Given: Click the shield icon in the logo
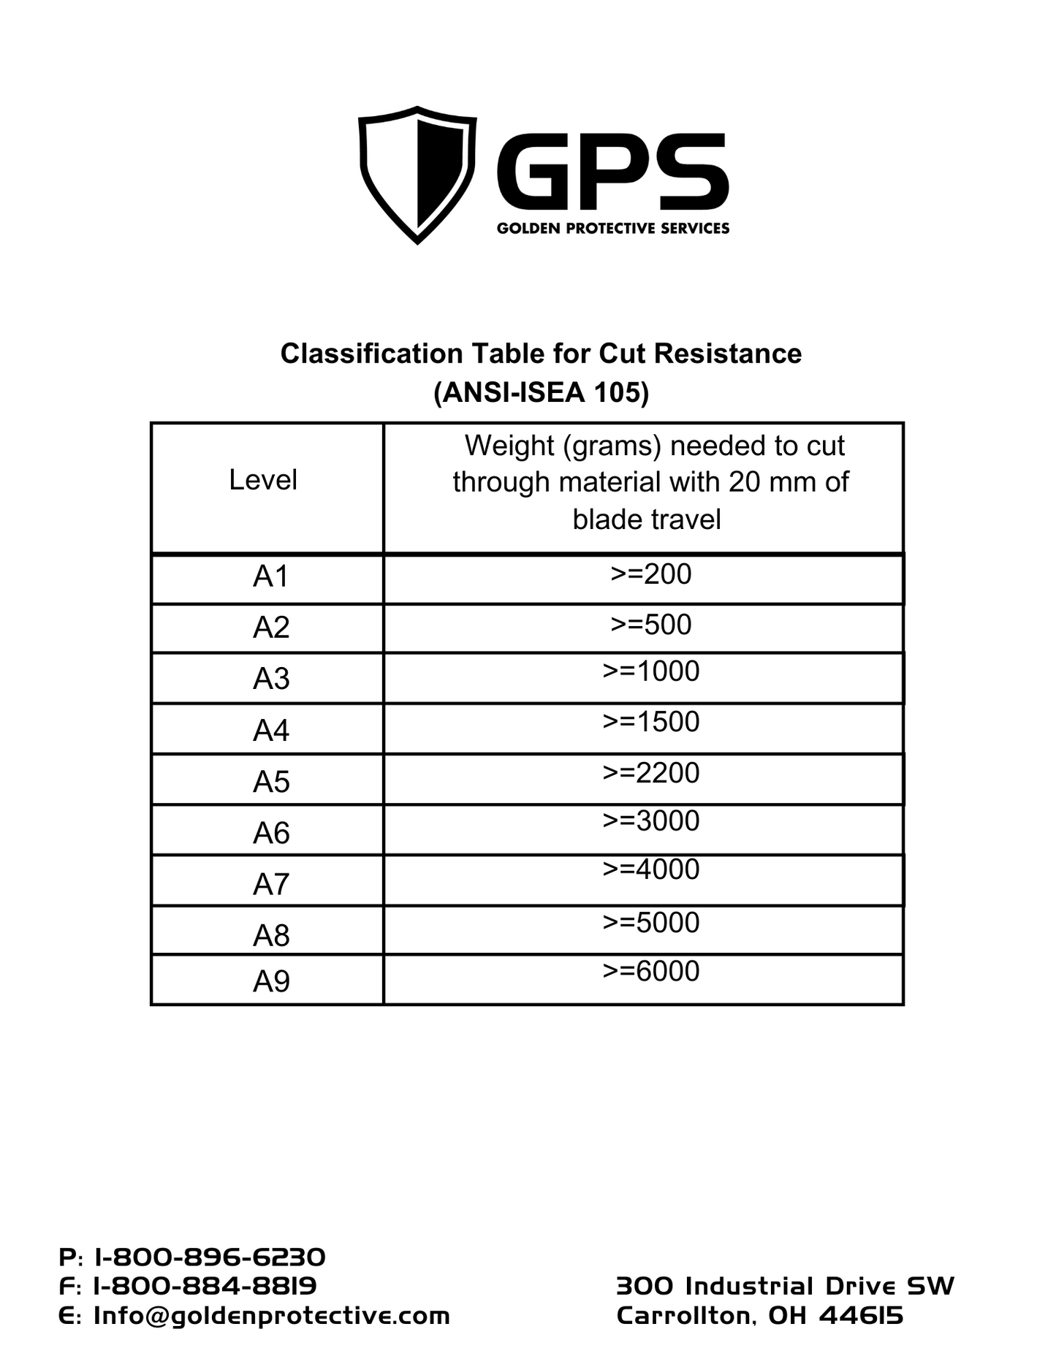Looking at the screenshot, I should pos(417,174).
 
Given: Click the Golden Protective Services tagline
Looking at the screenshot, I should pos(612,229).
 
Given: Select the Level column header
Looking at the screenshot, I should pos(263,480).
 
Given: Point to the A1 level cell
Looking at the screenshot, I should pos(271,576).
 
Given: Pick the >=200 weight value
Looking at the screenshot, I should pos(650,574).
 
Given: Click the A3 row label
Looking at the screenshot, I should pos(271,679).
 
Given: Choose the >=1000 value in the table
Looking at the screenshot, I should pos(650,671).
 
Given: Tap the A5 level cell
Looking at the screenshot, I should pos(271,782).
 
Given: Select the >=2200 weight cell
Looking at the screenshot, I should pos(650,773).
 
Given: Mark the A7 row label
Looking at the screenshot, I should pos(271,884).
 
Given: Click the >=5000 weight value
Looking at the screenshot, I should pos(650,923).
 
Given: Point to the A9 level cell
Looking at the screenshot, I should pos(271,981).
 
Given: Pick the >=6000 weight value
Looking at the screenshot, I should pos(650,971).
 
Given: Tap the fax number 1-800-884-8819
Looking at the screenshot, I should pos(205,1286).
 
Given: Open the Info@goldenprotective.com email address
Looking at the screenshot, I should pos(271,1316).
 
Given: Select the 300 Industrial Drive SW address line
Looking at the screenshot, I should pos(785,1286).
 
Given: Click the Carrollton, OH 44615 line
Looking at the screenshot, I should pos(760,1316).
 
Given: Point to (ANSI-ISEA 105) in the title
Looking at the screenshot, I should pos(541,393).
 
